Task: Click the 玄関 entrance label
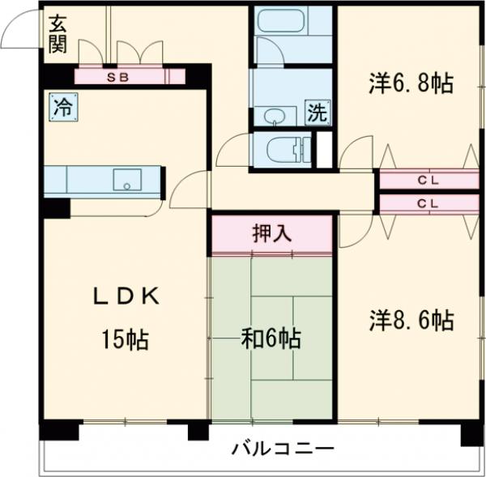coord(57,35)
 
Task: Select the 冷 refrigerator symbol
coord(61,106)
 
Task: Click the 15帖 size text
coord(126,340)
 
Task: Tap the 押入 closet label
coord(271,235)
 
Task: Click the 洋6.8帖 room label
coord(411,83)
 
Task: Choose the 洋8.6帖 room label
coord(411,321)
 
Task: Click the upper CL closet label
coord(428,181)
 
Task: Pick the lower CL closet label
coord(428,203)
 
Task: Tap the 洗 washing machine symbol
coord(318,113)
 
